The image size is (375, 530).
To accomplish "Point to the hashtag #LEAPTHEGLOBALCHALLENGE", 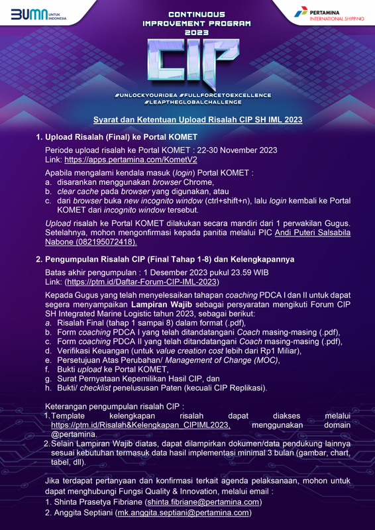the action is pos(187,103).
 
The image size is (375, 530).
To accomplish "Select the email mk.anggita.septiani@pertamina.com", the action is pos(184,513).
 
